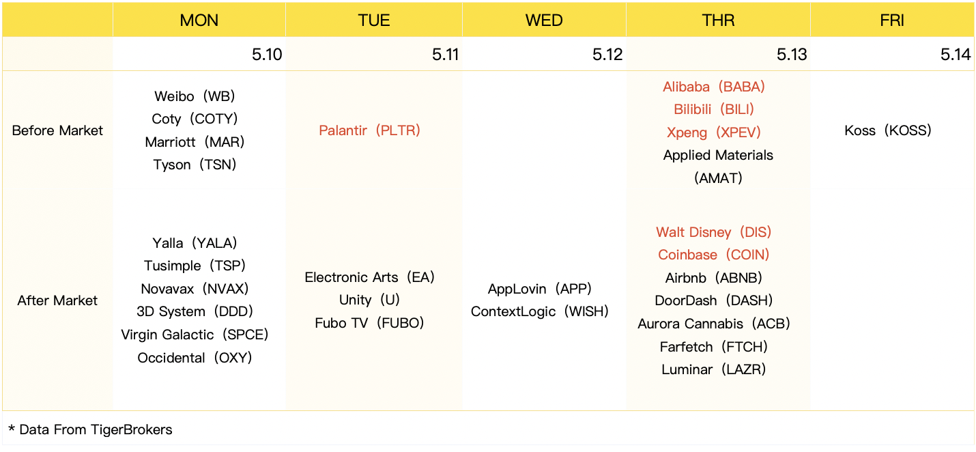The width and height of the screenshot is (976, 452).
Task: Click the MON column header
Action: click(199, 20)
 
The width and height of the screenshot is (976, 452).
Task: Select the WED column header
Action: click(544, 20)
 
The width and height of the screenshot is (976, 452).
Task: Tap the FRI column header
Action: click(892, 20)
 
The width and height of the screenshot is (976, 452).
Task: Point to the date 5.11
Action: click(445, 55)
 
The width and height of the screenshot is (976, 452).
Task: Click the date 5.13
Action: click(792, 55)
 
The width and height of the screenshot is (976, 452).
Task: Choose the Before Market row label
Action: click(57, 130)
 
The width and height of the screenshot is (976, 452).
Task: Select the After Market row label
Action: click(57, 300)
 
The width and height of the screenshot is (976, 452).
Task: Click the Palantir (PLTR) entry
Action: click(369, 130)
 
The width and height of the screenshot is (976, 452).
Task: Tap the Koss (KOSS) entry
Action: click(887, 130)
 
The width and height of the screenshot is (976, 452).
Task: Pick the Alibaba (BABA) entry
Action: click(714, 87)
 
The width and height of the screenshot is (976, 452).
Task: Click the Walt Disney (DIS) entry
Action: click(714, 232)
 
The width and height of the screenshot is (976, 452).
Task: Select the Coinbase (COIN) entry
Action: click(714, 255)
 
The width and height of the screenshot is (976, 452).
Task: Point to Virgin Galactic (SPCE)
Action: click(195, 335)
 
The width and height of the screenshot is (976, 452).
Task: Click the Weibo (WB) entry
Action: click(195, 96)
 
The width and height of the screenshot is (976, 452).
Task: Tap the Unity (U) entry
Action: click(369, 300)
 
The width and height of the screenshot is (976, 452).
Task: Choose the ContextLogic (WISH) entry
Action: click(539, 311)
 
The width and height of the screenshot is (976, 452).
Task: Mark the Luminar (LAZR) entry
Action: click(714, 369)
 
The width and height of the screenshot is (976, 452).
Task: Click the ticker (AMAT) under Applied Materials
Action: click(718, 178)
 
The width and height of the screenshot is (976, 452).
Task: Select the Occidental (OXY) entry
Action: click(195, 357)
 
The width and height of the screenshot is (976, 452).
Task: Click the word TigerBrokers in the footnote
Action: click(132, 429)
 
